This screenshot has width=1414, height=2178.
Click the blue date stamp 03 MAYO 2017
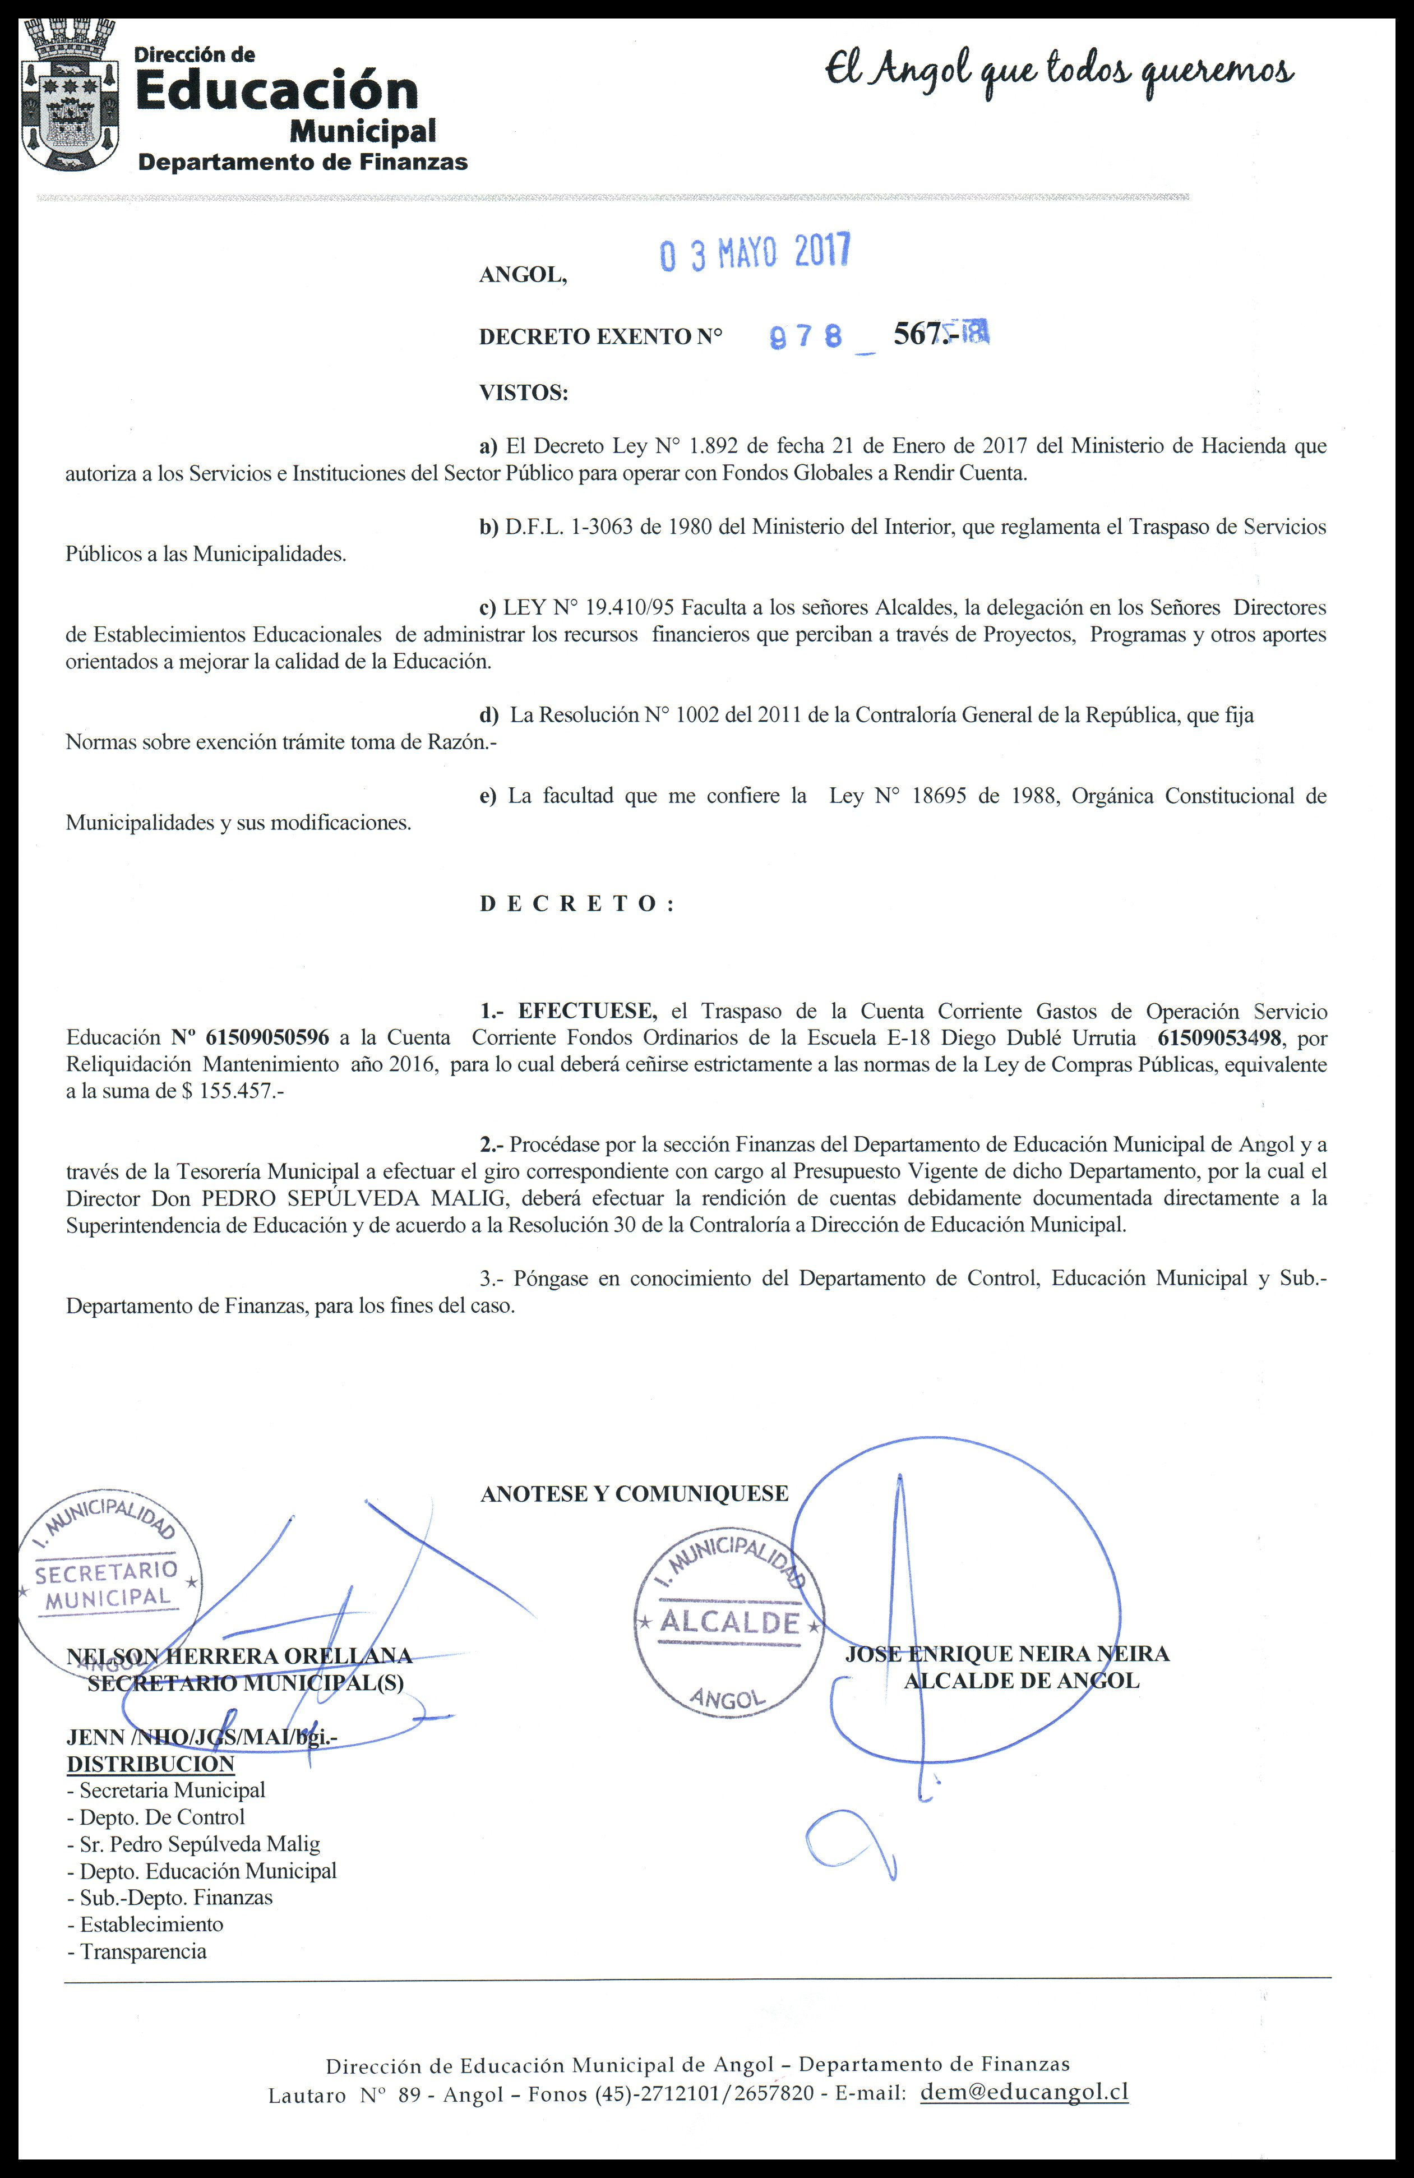pos(755,252)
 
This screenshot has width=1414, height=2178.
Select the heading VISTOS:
pos(524,393)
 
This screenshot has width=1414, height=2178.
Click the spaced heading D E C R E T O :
pos(576,903)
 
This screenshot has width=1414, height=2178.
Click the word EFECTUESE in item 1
pos(586,1011)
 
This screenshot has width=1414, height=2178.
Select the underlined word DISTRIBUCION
pos(151,1764)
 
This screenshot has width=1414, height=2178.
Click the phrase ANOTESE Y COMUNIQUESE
pos(634,1493)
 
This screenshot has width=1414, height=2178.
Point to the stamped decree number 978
pos(805,338)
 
